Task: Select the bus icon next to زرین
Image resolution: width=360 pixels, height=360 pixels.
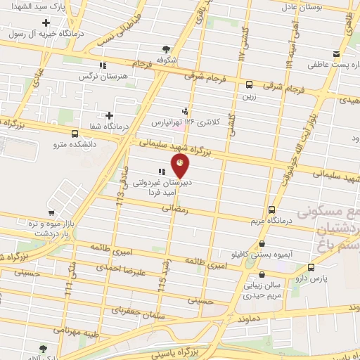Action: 250,85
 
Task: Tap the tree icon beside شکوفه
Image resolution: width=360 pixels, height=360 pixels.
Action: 166,49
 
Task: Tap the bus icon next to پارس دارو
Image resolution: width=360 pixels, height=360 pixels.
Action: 311,267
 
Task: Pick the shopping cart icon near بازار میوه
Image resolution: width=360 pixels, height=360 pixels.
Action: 51,213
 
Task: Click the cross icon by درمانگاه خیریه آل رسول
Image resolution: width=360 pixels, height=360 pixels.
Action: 46,22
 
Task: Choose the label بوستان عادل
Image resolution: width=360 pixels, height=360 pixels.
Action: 320,7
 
